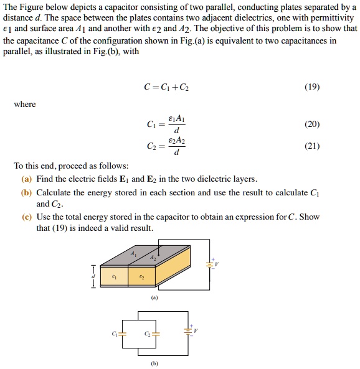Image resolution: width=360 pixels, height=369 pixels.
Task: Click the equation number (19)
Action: [x=311, y=88]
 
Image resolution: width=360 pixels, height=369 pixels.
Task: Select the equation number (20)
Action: [x=311, y=124]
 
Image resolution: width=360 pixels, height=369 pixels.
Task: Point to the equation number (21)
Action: [x=311, y=146]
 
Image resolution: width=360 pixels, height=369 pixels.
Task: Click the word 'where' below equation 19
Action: [x=25, y=104]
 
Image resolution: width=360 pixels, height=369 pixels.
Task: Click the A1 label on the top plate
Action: [x=133, y=254]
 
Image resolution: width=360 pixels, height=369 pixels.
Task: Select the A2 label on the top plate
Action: [x=153, y=258]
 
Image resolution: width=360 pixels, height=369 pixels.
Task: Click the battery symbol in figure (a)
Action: [x=210, y=263]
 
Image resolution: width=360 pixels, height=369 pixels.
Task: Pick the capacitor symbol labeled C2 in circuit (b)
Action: [x=156, y=334]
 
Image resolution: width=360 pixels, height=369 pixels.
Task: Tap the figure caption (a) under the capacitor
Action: [x=153, y=297]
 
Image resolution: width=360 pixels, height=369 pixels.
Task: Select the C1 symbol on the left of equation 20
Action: [x=153, y=124]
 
